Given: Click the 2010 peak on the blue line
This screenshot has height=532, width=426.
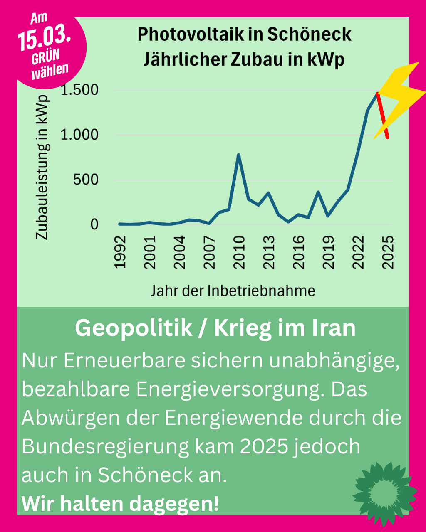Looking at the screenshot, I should pyautogui.click(x=238, y=155).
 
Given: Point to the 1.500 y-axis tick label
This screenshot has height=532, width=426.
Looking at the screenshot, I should pyautogui.click(x=79, y=90).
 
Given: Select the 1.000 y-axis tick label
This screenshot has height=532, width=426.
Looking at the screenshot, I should pyautogui.click(x=79, y=135).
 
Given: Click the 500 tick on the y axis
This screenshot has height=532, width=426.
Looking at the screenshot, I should pyautogui.click(x=85, y=180).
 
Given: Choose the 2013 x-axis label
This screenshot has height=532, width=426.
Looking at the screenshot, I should pyautogui.click(x=269, y=252).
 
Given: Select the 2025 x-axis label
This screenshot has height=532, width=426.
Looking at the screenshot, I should pyautogui.click(x=388, y=252).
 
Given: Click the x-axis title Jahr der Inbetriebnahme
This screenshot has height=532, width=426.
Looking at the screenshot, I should pyautogui.click(x=233, y=291).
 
